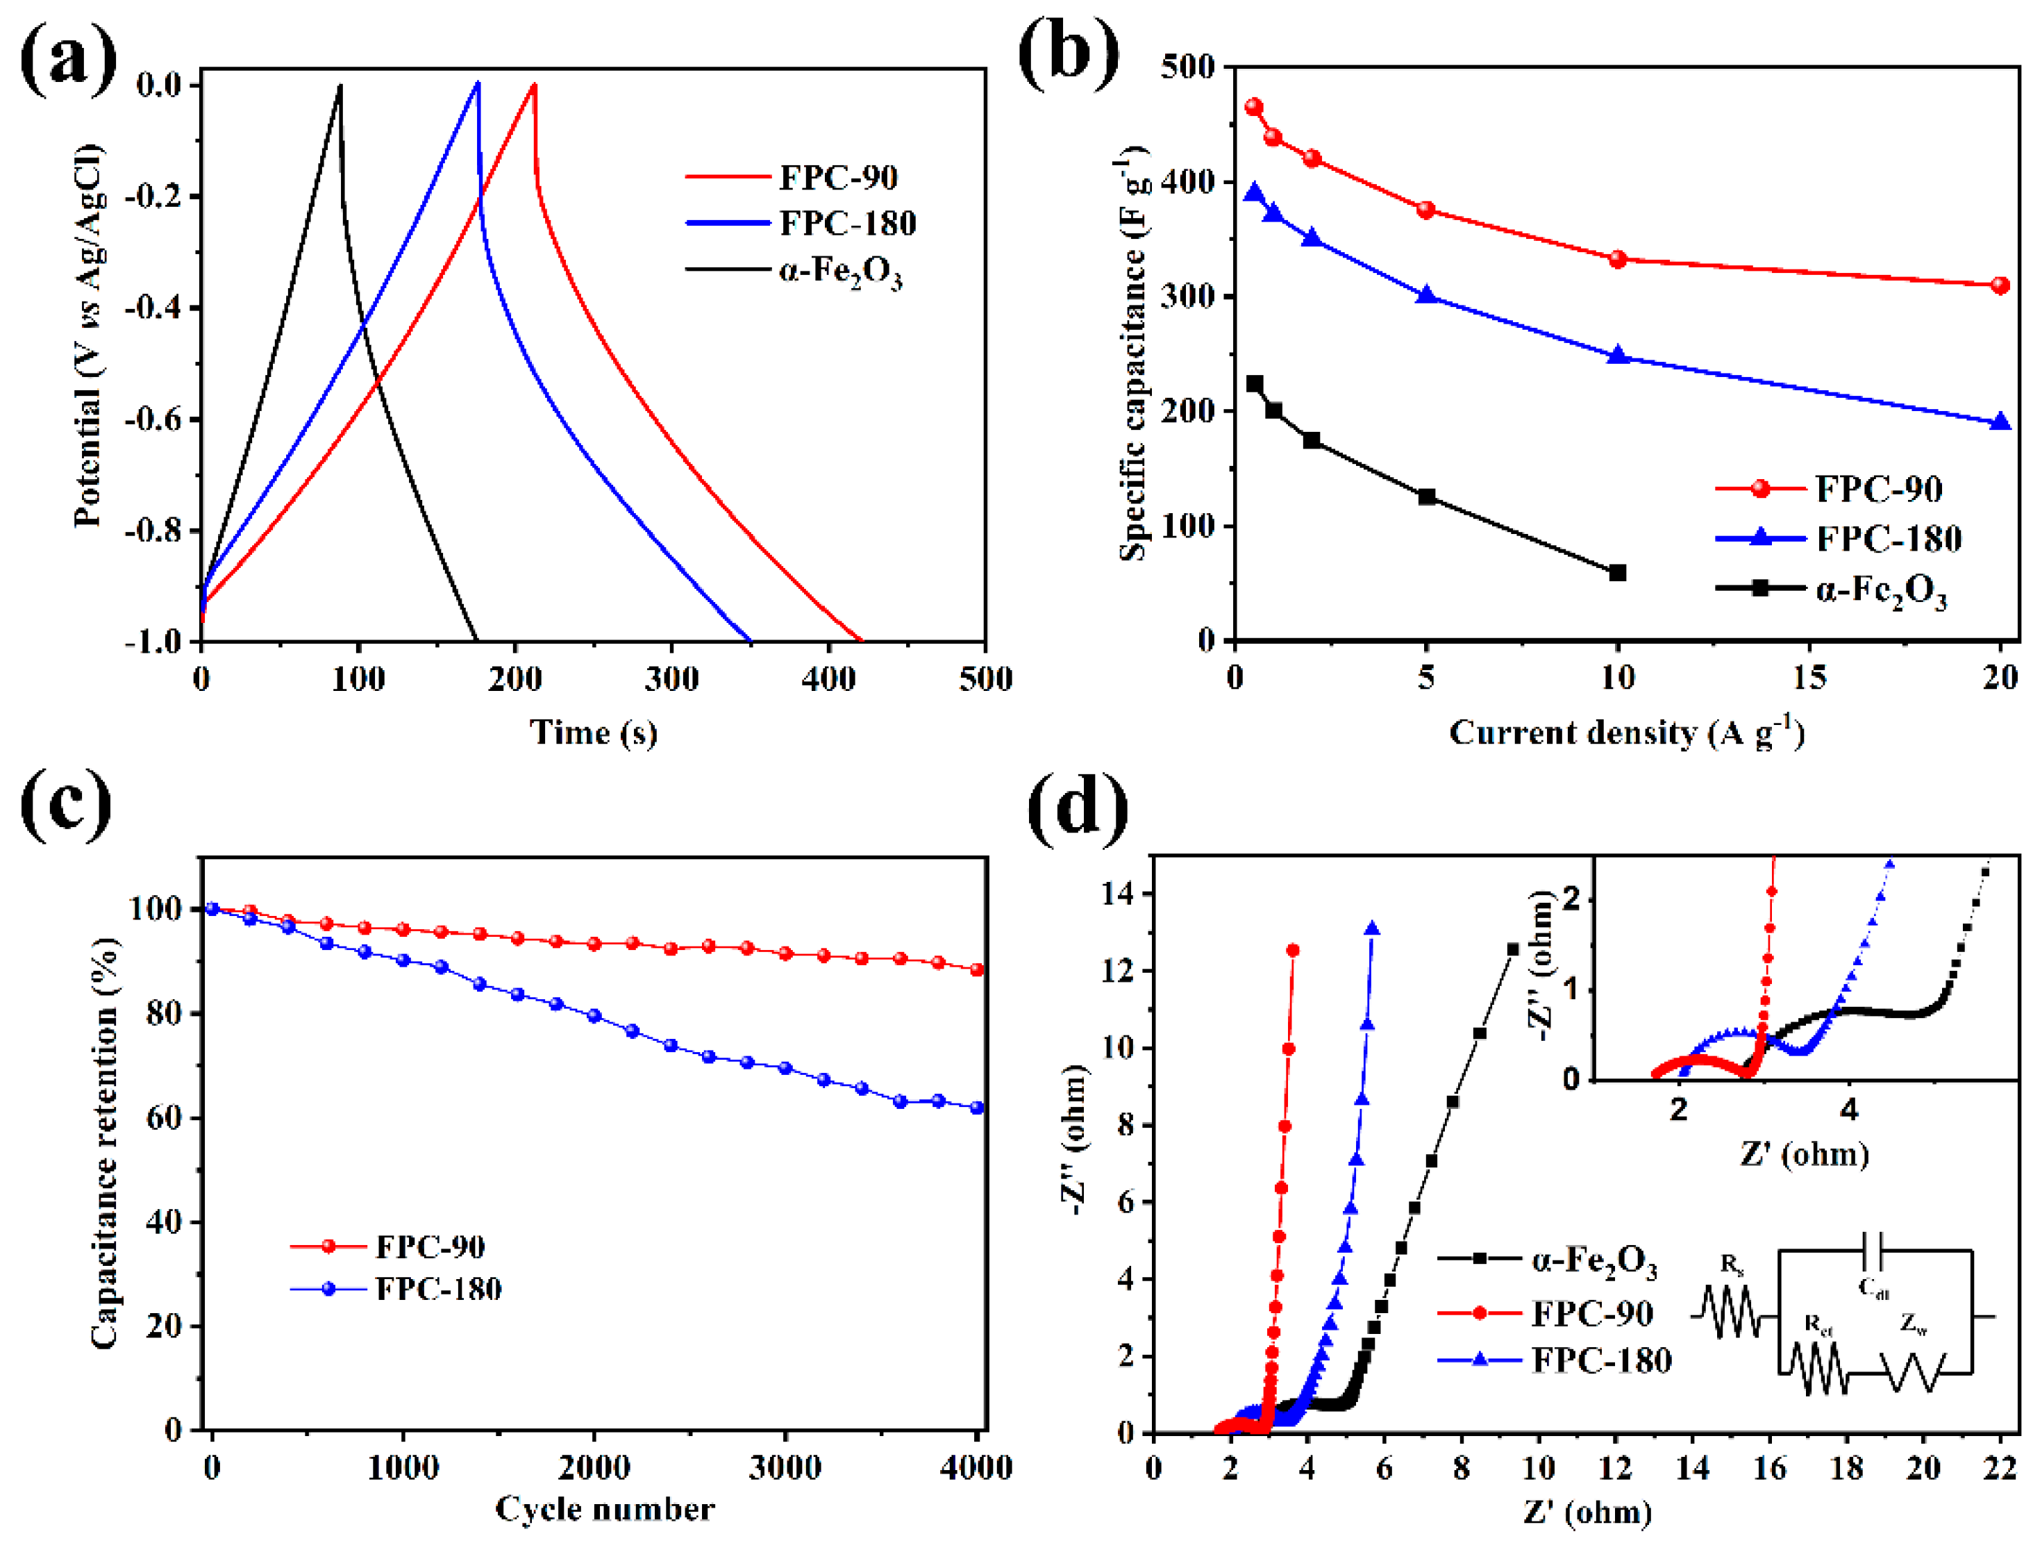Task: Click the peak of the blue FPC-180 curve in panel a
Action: (478, 83)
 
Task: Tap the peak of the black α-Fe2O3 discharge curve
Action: (340, 86)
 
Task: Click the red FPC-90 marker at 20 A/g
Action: (2000, 286)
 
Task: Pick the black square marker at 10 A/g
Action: (1618, 572)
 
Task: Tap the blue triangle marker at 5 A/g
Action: (1426, 295)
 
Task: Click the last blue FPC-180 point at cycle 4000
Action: (977, 1108)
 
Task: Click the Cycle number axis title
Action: (604, 1508)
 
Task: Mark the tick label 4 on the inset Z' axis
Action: (1849, 1110)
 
